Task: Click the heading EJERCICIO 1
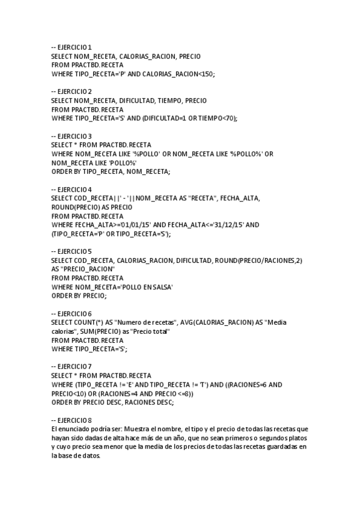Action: [72, 47]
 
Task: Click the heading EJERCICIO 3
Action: [72, 136]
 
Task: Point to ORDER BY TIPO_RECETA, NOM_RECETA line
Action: [111, 171]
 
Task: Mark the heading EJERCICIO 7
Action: [72, 366]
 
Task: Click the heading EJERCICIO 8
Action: [72, 420]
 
